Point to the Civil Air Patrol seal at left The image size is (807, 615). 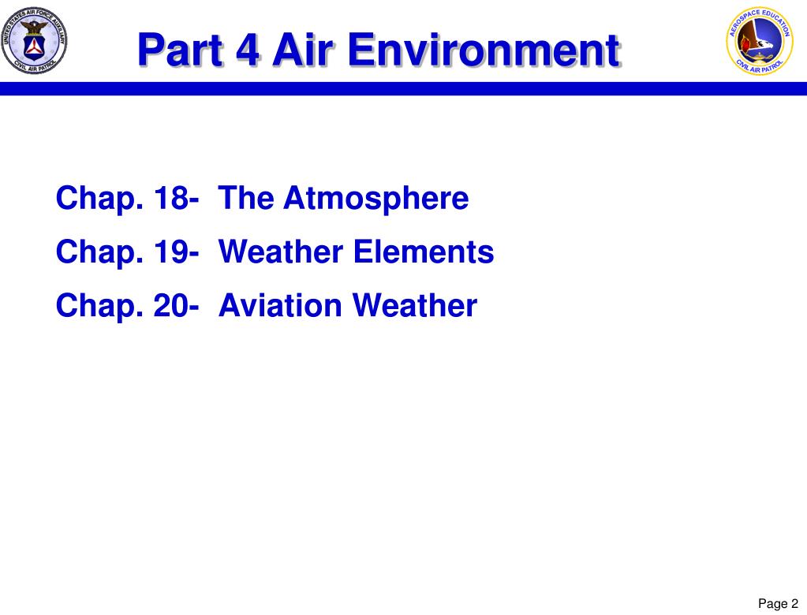tap(33, 37)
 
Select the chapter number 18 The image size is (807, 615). tap(172, 199)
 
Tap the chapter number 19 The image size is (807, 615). tap(172, 252)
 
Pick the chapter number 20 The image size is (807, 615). tap(172, 306)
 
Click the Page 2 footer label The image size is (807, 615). tap(778, 604)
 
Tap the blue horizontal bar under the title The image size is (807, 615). tap(403, 88)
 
